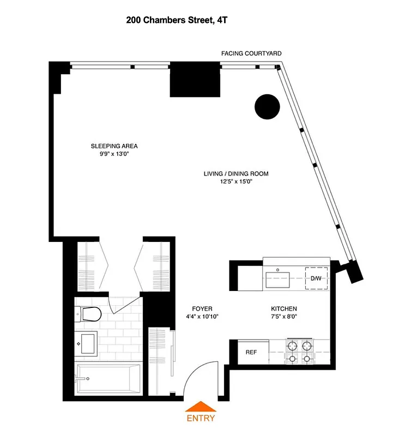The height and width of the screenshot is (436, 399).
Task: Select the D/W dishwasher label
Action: point(316,278)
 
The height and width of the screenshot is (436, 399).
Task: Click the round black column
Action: point(267,106)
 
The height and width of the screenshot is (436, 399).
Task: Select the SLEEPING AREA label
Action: point(114,146)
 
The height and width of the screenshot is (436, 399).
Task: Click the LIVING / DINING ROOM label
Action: point(236,174)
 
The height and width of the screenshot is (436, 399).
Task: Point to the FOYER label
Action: point(202,308)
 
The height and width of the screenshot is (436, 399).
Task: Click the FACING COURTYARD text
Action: point(251,53)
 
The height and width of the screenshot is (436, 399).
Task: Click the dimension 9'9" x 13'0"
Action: point(114,154)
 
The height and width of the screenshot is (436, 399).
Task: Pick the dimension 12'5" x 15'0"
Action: point(236,182)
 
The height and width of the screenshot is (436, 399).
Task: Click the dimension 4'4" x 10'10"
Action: point(202,317)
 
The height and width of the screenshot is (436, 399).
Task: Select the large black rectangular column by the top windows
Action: point(195,80)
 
